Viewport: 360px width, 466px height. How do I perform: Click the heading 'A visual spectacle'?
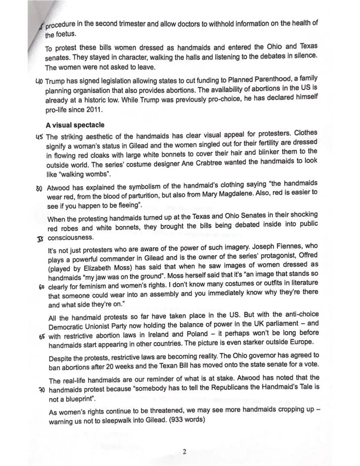click(75, 125)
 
